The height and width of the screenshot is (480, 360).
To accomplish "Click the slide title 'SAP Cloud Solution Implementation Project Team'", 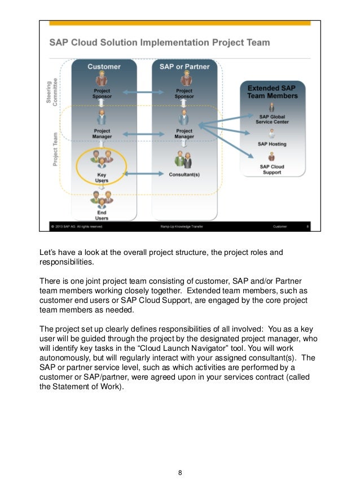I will pyautogui.click(x=159, y=42).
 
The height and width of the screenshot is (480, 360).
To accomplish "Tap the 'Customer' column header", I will pyautogui.click(x=104, y=67).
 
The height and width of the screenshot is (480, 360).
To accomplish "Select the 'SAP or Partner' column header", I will pyautogui.click(x=184, y=67).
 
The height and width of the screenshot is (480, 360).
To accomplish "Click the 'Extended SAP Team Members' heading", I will pyautogui.click(x=273, y=92).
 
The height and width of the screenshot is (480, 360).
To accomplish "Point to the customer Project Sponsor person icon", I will pyautogui.click(x=102, y=78).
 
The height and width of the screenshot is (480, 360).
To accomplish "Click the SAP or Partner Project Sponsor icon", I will pyautogui.click(x=184, y=78).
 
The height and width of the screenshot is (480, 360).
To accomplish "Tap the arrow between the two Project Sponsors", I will pyautogui.click(x=143, y=92).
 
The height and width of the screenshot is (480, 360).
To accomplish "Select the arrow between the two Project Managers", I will pyautogui.click(x=143, y=134).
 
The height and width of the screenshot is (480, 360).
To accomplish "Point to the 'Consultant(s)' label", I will pyautogui.click(x=184, y=174).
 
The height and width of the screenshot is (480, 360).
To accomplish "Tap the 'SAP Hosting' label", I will pyautogui.click(x=272, y=144).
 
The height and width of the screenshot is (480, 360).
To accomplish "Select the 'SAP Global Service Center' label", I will pyautogui.click(x=272, y=118).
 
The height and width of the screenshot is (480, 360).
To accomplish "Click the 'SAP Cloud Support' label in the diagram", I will pyautogui.click(x=272, y=169).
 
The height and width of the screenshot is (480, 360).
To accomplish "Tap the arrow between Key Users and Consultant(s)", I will pyautogui.click(x=143, y=174).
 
